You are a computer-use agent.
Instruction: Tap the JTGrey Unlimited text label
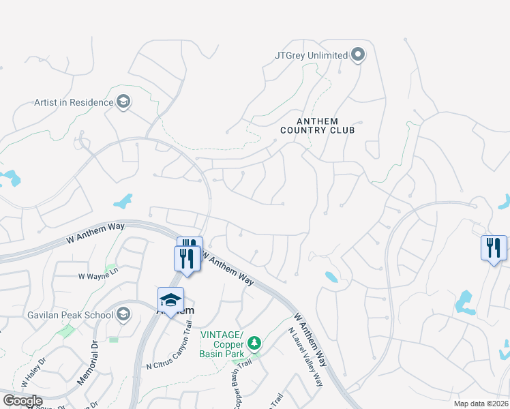point(311,55)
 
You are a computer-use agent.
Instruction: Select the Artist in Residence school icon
point(123,102)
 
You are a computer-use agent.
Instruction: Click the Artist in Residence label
point(74,102)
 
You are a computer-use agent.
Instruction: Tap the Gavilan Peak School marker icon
point(123,314)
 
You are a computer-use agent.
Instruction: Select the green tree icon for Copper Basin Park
point(254,342)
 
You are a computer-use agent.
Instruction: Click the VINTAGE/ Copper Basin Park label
point(222,344)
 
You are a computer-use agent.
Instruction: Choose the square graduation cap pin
point(171,300)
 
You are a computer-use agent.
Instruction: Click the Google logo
point(22,401)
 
